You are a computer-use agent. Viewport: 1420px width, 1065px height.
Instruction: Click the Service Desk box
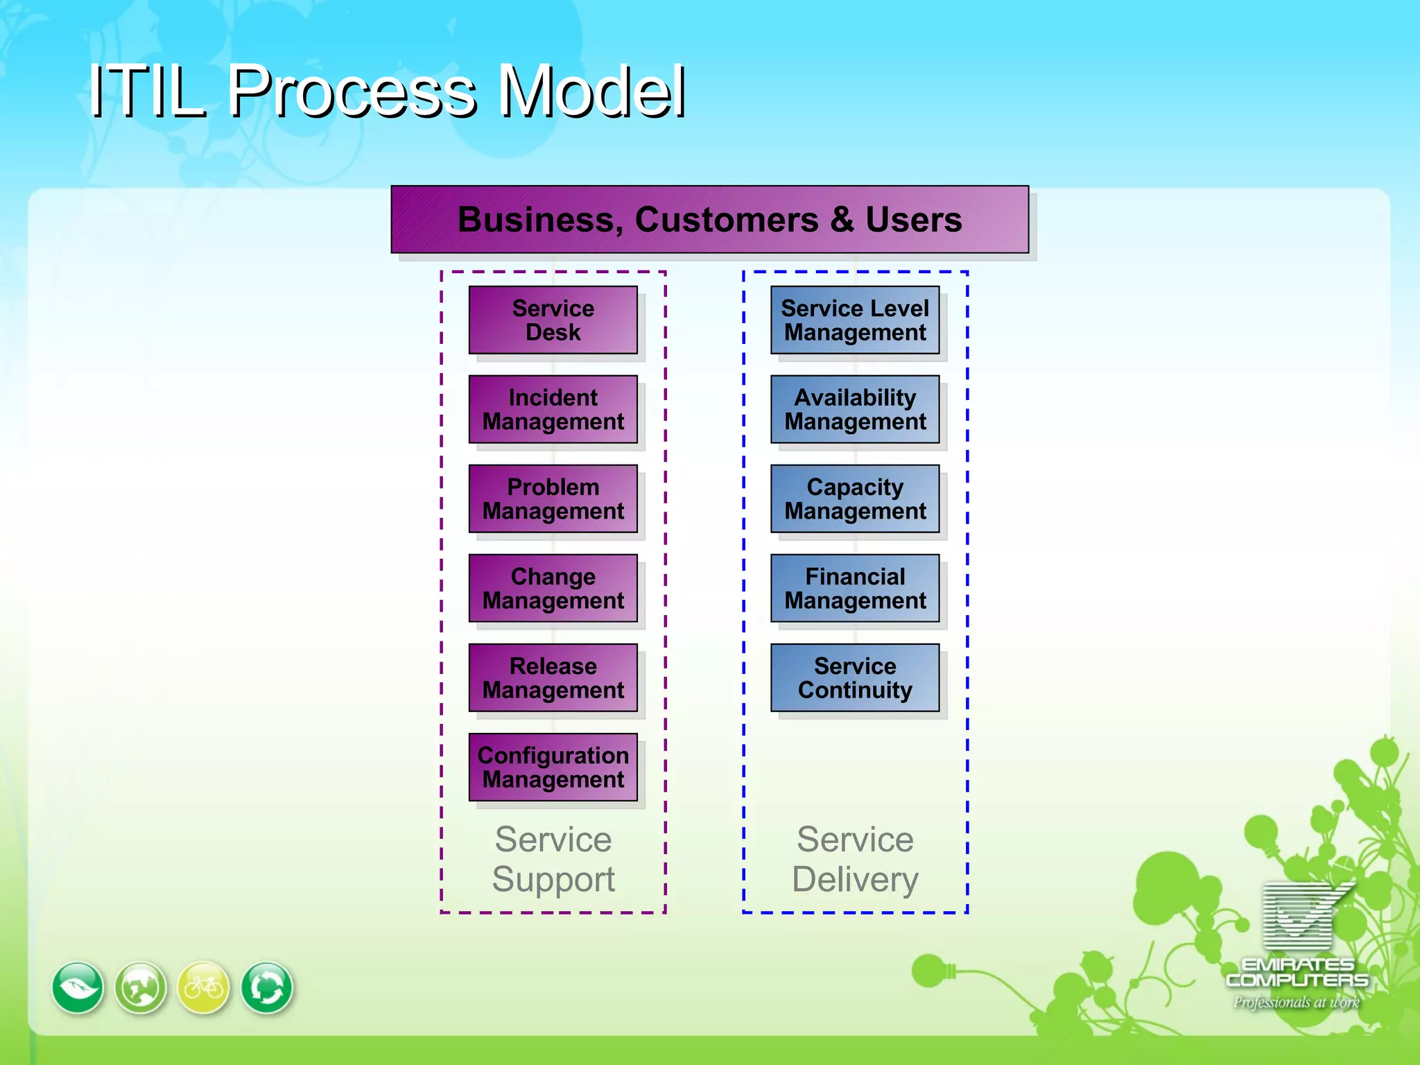pos(553,320)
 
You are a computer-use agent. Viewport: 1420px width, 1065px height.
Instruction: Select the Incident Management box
pos(553,409)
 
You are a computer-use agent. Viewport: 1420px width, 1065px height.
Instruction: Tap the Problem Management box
pos(553,499)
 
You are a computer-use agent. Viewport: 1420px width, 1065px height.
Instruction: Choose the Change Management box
pos(553,588)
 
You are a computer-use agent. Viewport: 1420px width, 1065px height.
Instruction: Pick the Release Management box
pos(553,677)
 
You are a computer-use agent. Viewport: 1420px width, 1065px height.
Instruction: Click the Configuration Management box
pos(553,767)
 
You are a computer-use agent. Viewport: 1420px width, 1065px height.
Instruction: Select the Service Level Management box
pos(855,320)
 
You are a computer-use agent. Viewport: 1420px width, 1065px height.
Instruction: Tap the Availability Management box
pos(855,409)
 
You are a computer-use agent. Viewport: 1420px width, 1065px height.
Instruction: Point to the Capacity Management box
pos(855,499)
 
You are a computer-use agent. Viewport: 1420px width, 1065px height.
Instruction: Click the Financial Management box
pos(855,588)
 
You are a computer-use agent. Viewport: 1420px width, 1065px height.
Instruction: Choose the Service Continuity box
pos(855,677)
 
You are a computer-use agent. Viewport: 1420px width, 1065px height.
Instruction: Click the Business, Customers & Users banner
pos(709,219)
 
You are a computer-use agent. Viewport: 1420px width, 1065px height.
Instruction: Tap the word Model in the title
pos(593,92)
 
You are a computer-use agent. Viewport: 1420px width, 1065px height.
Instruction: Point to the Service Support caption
pos(553,859)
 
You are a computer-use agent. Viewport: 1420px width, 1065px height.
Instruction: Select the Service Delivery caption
pos(855,859)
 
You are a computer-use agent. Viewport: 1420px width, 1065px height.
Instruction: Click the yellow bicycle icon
pos(203,987)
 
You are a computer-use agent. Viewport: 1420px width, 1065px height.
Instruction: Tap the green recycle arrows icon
pos(267,987)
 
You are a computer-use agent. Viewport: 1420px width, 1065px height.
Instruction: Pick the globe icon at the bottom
pos(141,987)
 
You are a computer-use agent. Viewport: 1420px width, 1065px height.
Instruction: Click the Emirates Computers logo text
pos(1297,972)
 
